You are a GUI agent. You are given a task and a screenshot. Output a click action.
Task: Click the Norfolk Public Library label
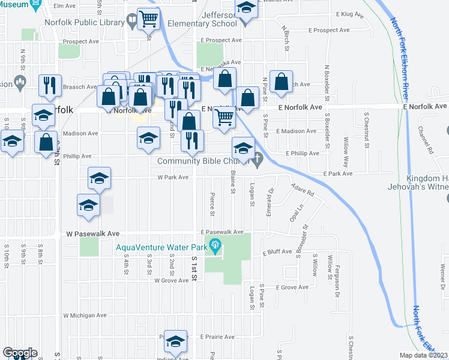[x=83, y=22]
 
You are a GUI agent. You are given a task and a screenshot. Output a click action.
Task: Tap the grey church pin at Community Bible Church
[x=258, y=160]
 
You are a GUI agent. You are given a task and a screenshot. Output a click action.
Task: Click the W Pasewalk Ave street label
[x=93, y=233]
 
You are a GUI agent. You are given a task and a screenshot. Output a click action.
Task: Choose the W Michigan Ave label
[x=84, y=315]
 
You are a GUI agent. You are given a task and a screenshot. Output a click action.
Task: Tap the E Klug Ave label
[x=351, y=13]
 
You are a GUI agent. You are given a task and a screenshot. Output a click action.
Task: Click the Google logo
[x=20, y=352]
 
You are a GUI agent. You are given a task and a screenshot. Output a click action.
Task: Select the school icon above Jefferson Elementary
[x=245, y=8]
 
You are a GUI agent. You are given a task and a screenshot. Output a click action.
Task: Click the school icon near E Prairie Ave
[x=175, y=341]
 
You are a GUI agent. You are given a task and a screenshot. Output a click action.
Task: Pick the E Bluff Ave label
[x=277, y=252]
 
